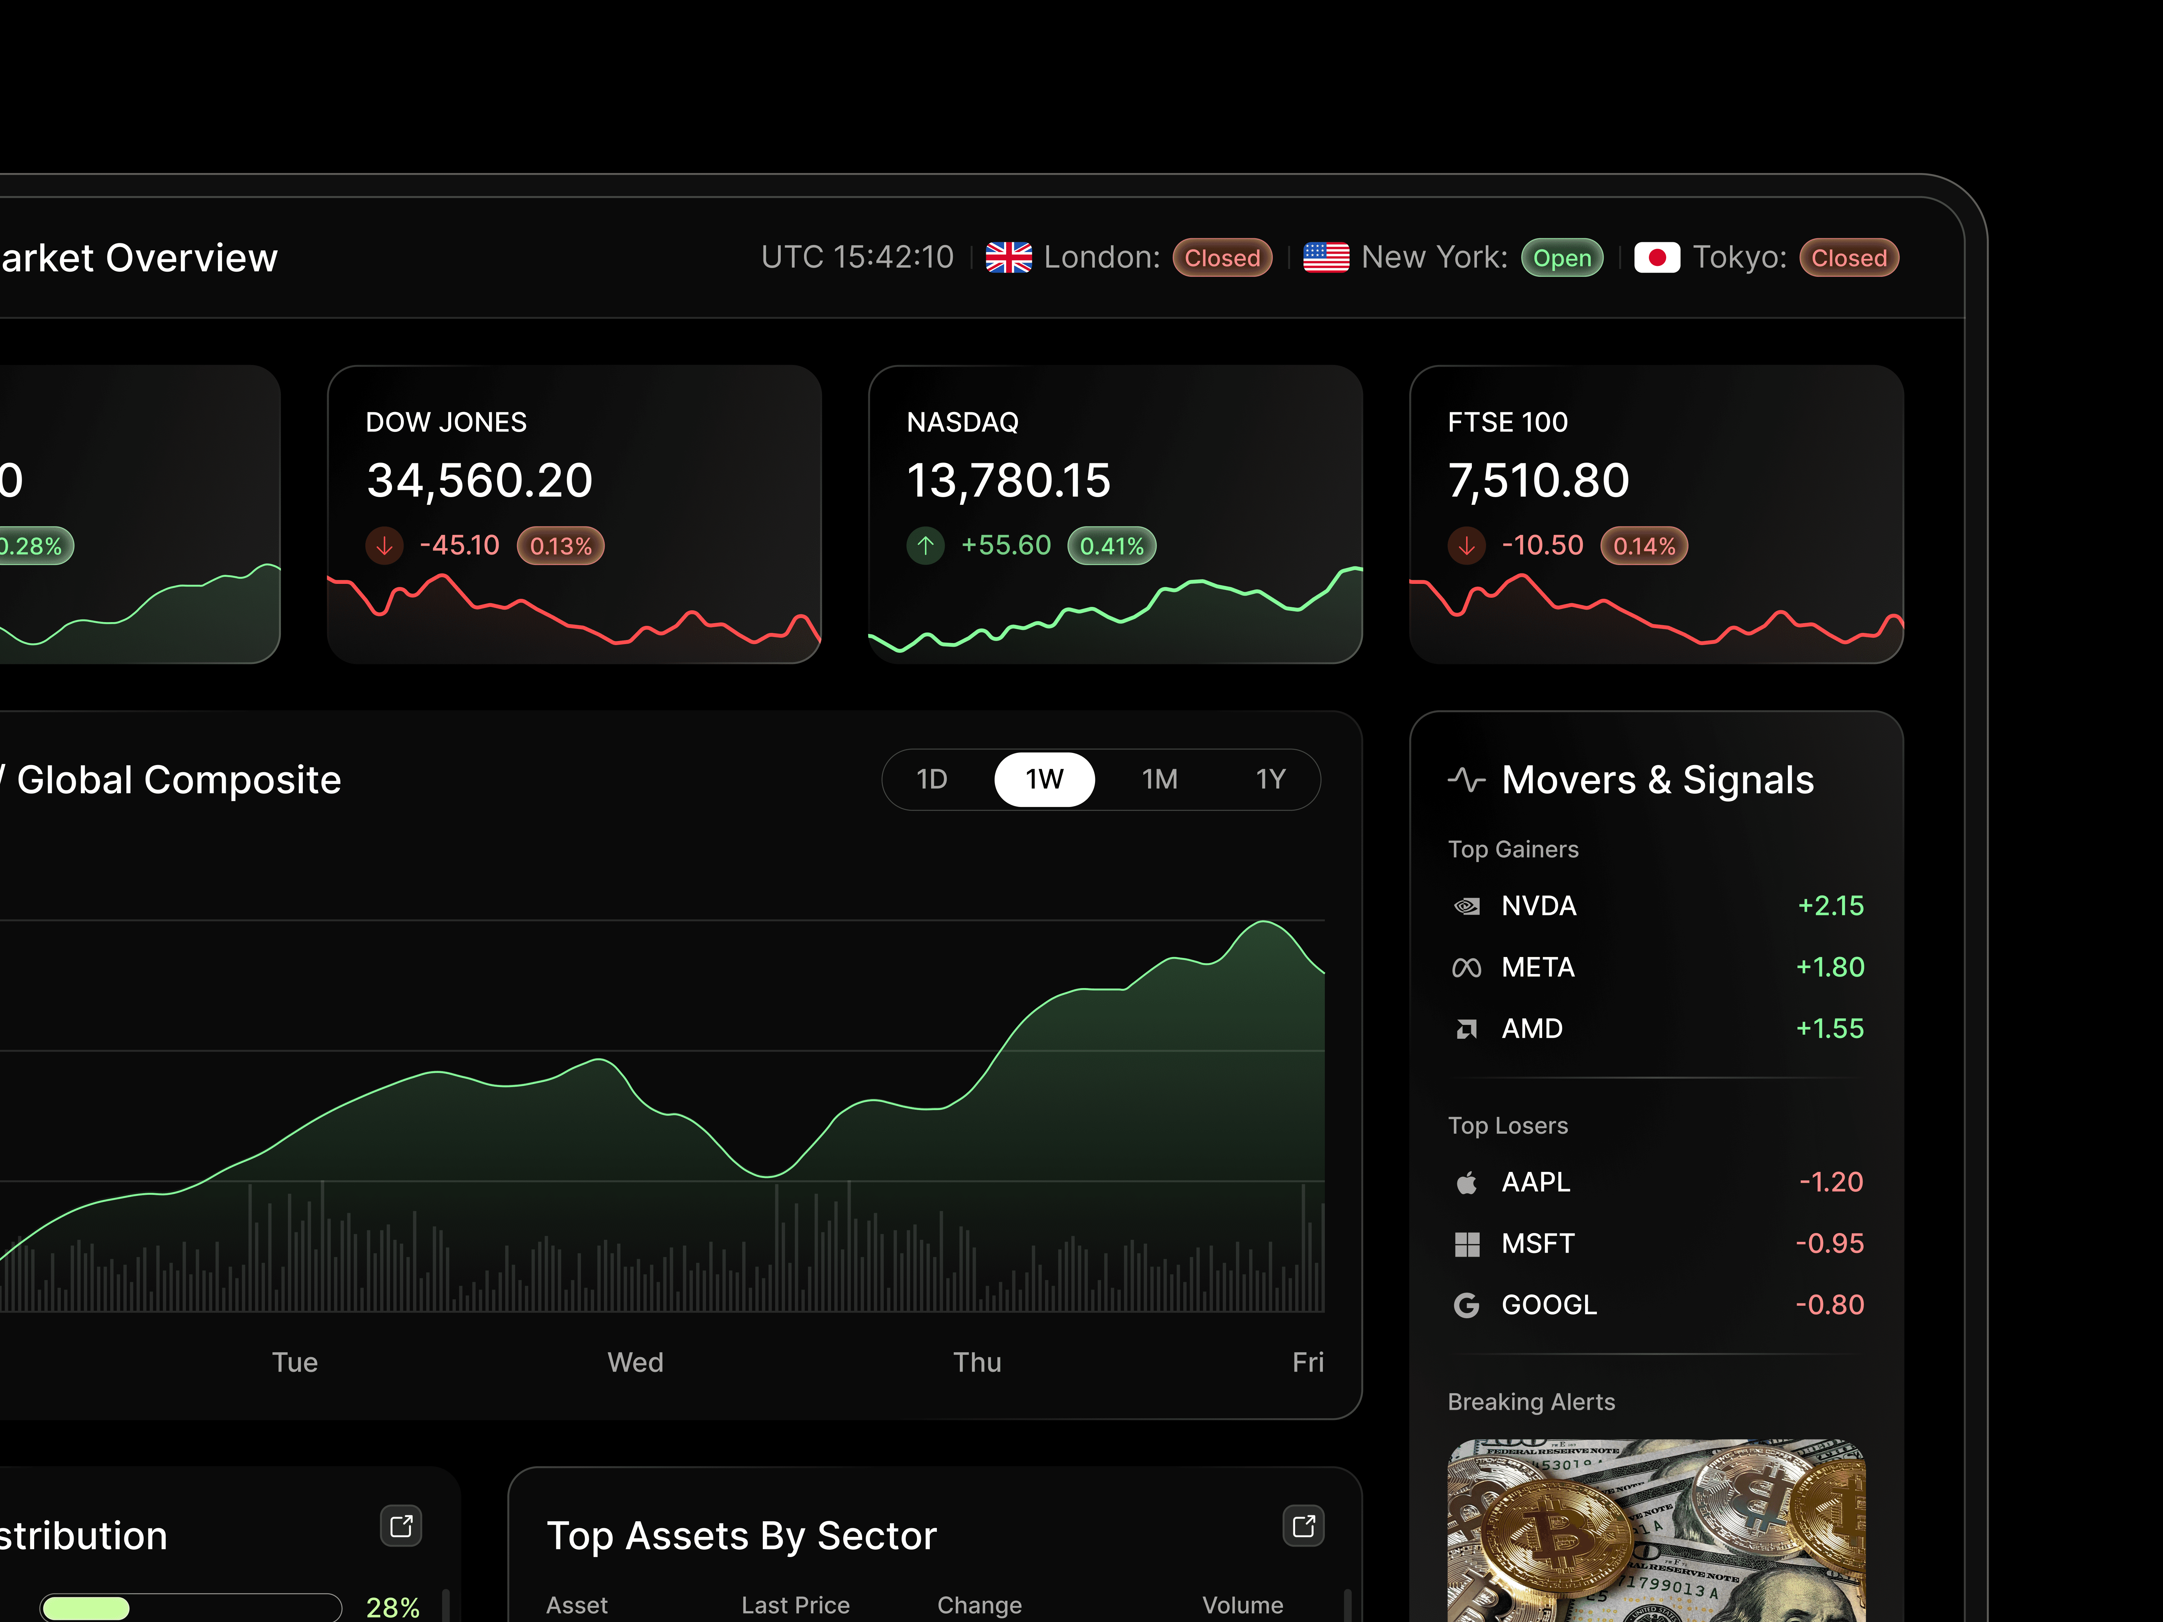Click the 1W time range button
pyautogui.click(x=1043, y=779)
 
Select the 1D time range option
pyautogui.click(x=931, y=779)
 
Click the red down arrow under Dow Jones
pyautogui.click(x=384, y=545)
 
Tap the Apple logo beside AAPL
pyautogui.click(x=1466, y=1183)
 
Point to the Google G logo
pyautogui.click(x=1466, y=1305)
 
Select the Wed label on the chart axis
pyautogui.click(x=635, y=1362)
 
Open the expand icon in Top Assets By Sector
pyautogui.click(x=1303, y=1526)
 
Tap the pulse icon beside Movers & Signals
pyautogui.click(x=1466, y=780)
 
